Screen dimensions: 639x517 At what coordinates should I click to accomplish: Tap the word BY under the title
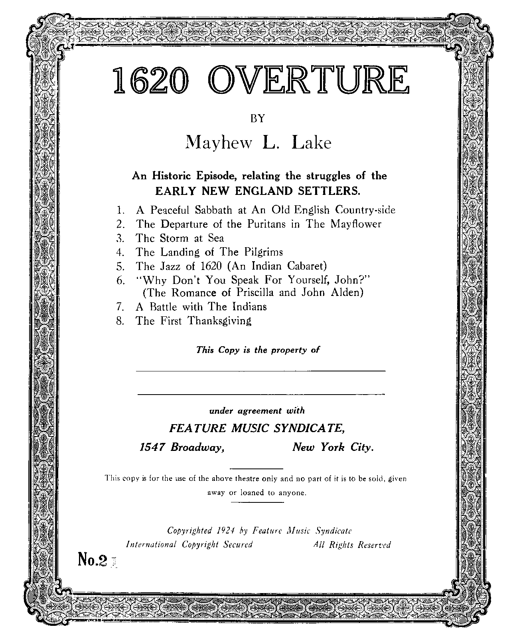(x=257, y=118)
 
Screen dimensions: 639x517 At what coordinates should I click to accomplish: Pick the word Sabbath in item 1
(x=213, y=210)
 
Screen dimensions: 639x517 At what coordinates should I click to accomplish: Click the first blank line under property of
(x=261, y=371)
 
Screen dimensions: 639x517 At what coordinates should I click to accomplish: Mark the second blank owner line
(x=261, y=394)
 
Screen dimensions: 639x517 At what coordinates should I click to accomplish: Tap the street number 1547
(x=152, y=447)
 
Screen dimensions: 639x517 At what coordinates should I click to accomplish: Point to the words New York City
(x=333, y=447)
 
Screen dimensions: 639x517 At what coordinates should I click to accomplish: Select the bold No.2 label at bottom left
(x=93, y=561)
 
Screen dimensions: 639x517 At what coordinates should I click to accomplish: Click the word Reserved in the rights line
(x=374, y=544)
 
